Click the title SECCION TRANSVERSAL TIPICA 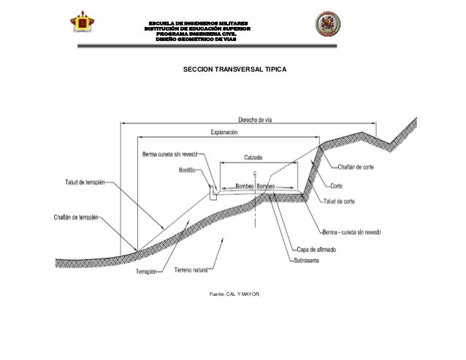[x=234, y=69]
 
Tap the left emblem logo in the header [x=84, y=26]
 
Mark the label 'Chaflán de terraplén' [x=76, y=216]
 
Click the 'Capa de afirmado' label [x=317, y=250]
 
